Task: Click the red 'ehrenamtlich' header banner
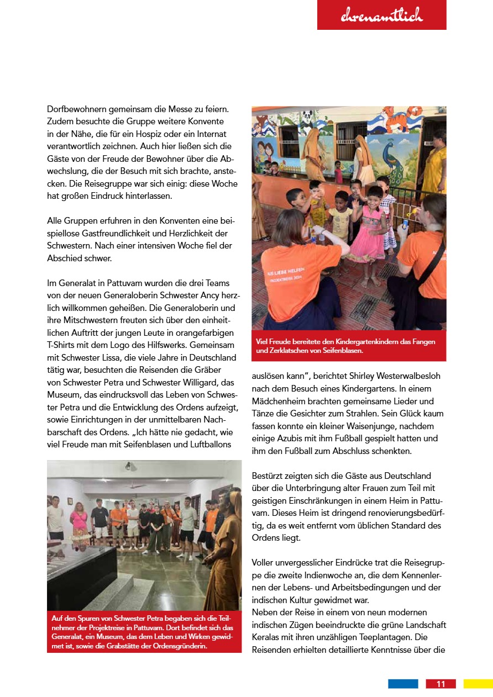(x=381, y=15)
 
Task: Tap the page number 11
(x=440, y=684)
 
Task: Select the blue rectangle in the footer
(x=403, y=684)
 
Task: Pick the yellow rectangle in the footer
(x=478, y=684)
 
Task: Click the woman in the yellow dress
(x=434, y=166)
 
